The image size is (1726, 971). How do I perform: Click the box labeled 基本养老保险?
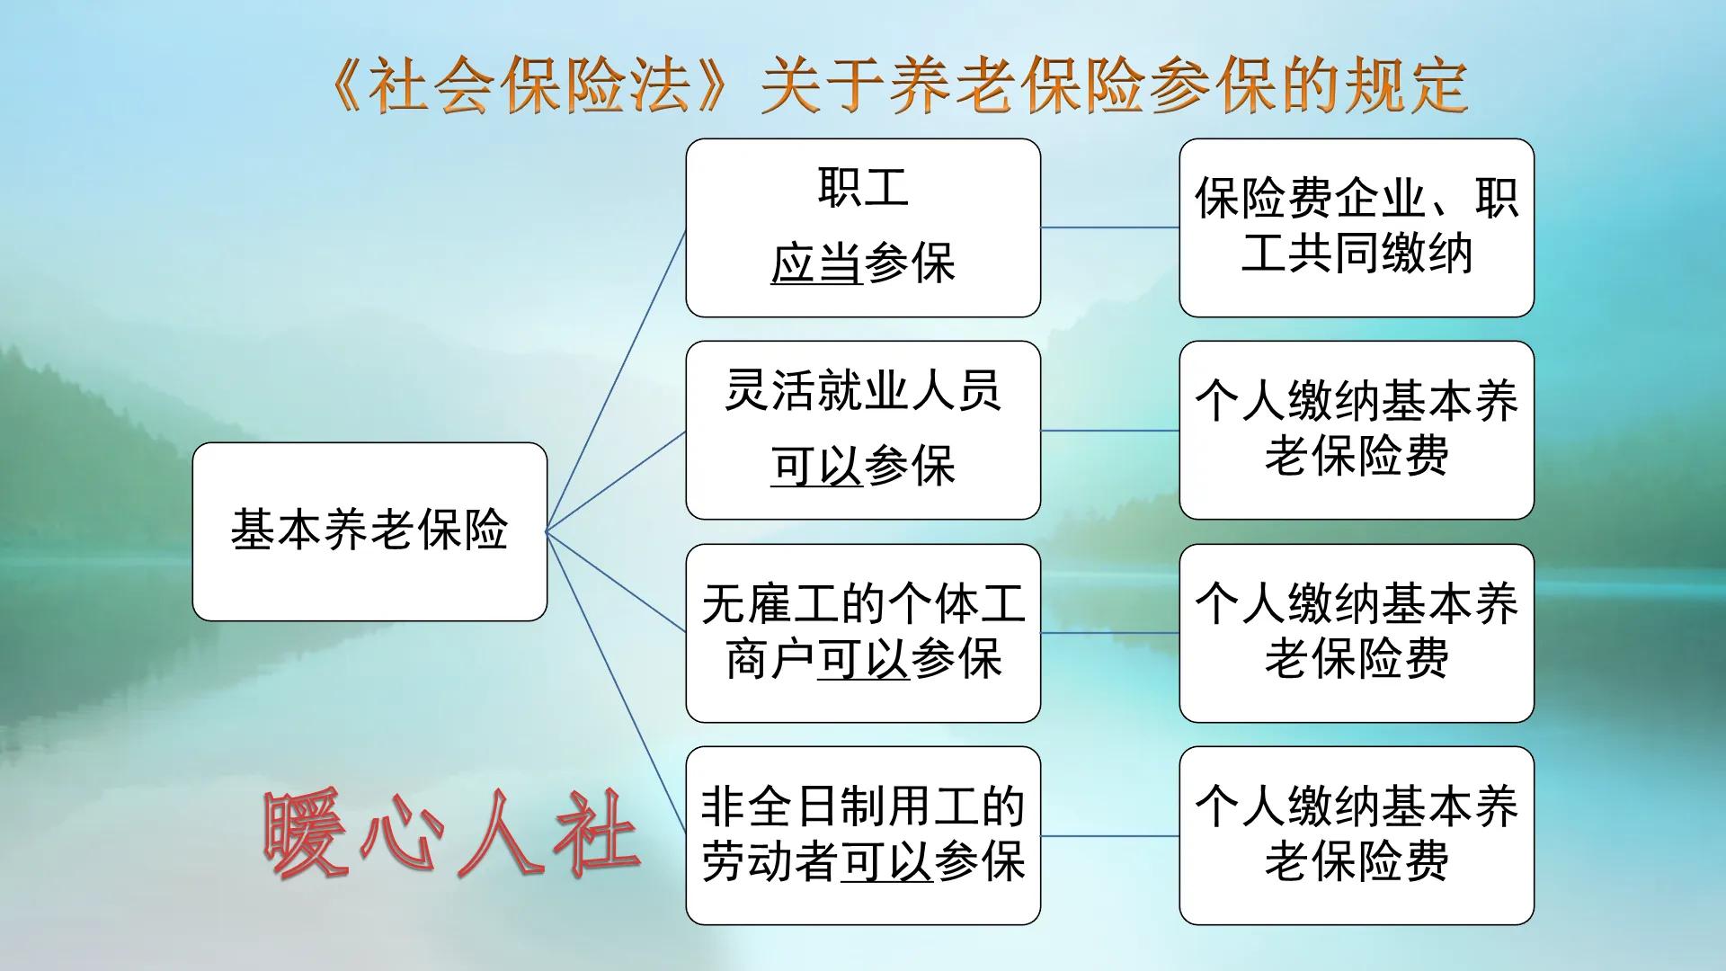click(x=369, y=530)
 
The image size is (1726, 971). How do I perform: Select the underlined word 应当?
click(x=816, y=264)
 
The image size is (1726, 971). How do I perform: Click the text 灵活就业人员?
click(x=863, y=391)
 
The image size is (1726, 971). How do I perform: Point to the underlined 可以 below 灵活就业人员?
click(x=816, y=467)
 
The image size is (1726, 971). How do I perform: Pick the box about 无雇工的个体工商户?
click(x=863, y=632)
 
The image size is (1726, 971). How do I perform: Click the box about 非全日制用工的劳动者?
click(x=863, y=835)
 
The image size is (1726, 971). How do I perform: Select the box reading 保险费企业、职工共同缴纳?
click(x=1356, y=227)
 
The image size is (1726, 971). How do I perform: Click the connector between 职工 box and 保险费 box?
click(x=1109, y=227)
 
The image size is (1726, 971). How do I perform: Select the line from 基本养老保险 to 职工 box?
click(x=617, y=379)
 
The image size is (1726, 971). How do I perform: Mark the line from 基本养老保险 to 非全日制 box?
click(x=617, y=683)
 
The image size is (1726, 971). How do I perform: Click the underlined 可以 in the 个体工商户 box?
click(x=863, y=660)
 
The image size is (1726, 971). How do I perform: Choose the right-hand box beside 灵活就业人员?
click(x=1356, y=430)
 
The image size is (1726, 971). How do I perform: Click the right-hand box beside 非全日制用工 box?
click(x=1356, y=835)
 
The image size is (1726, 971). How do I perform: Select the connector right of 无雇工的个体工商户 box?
click(x=1109, y=633)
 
